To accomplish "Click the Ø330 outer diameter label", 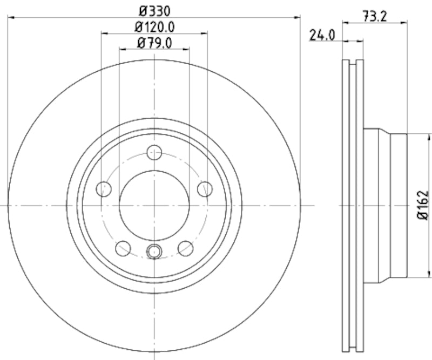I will click(x=154, y=9).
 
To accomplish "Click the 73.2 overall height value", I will click(x=376, y=17).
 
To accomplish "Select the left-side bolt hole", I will click(x=104, y=189).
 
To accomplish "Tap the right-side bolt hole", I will click(x=205, y=189).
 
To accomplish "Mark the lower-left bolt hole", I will click(x=123, y=248).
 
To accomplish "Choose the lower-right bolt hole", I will click(x=186, y=248).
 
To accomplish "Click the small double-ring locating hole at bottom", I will click(x=154, y=250).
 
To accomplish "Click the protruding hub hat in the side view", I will click(x=386, y=205).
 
